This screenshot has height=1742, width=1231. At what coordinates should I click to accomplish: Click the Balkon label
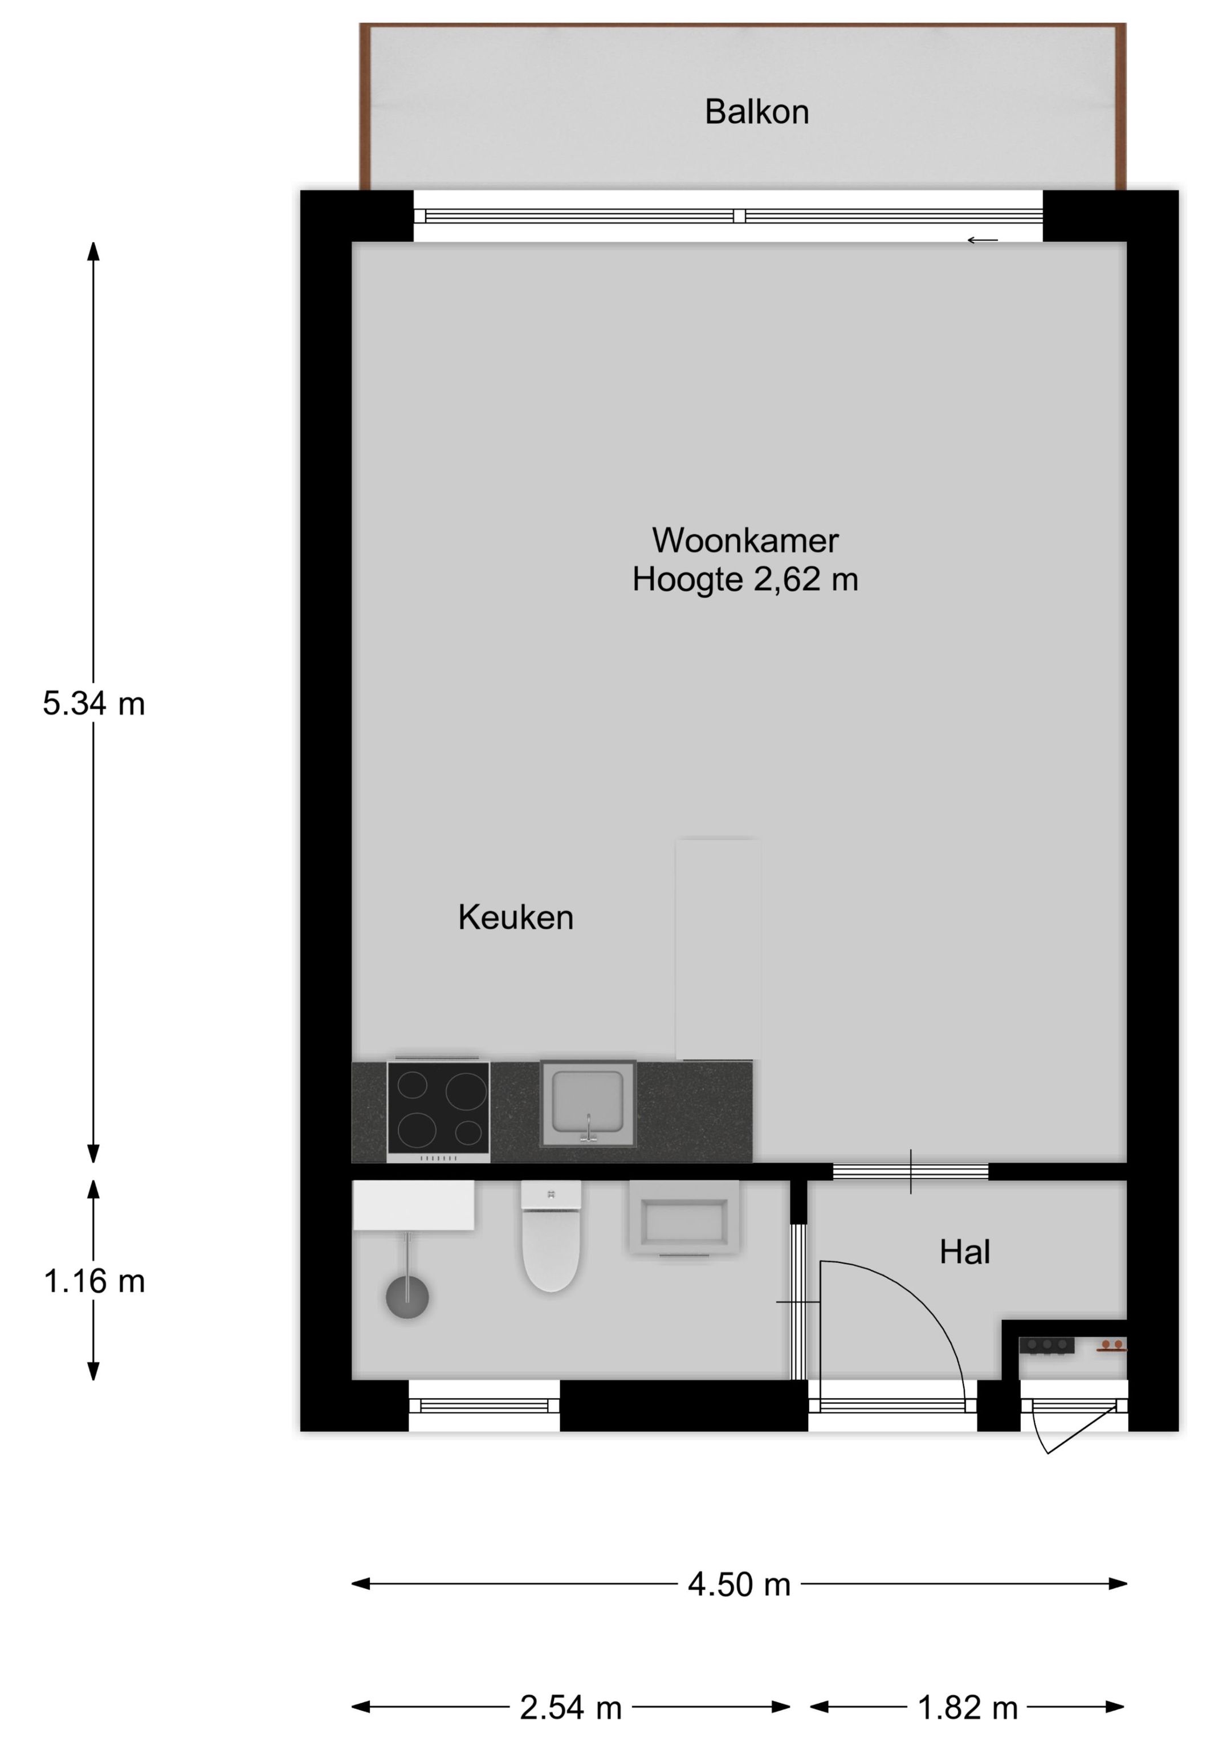point(756,112)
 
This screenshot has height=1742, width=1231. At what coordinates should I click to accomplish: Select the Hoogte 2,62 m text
point(745,580)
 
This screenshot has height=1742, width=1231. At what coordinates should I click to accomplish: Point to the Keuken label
point(515,918)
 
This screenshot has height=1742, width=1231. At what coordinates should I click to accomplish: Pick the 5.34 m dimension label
point(93,704)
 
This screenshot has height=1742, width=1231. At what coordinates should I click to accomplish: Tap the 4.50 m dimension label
point(739,1585)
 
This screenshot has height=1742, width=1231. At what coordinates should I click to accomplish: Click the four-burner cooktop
point(438,1111)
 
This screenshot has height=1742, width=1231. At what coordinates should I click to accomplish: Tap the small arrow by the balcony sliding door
point(982,241)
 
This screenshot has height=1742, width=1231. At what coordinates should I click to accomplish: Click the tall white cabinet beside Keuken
point(718,948)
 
